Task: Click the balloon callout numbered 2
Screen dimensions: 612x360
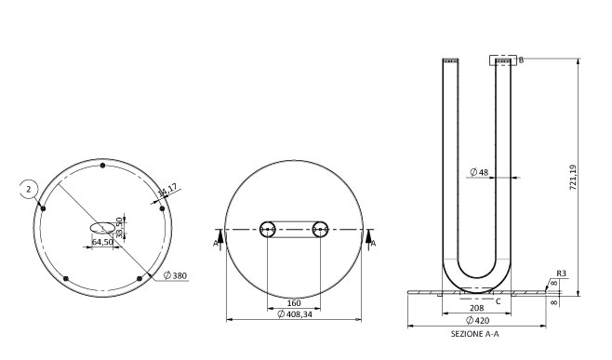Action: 29,190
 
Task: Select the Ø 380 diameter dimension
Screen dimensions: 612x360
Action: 175,275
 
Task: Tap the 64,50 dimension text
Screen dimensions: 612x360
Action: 102,242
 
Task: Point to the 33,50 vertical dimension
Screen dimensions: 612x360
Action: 120,227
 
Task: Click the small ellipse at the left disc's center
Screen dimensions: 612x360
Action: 102,228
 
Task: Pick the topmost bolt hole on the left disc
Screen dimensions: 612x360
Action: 102,166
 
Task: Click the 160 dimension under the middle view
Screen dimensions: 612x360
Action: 294,303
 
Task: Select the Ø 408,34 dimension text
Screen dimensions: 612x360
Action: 295,313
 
